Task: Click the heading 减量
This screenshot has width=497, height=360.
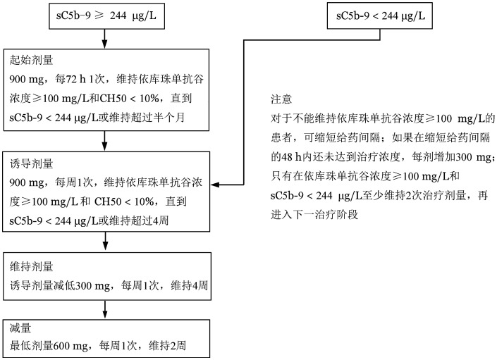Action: coord(20,329)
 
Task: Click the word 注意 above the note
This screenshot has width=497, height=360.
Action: coord(281,100)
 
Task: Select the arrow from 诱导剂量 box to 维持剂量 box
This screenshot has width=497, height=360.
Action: coord(105,244)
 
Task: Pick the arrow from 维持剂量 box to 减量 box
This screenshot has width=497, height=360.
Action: coord(105,307)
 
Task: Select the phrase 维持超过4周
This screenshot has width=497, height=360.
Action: coord(151,220)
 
